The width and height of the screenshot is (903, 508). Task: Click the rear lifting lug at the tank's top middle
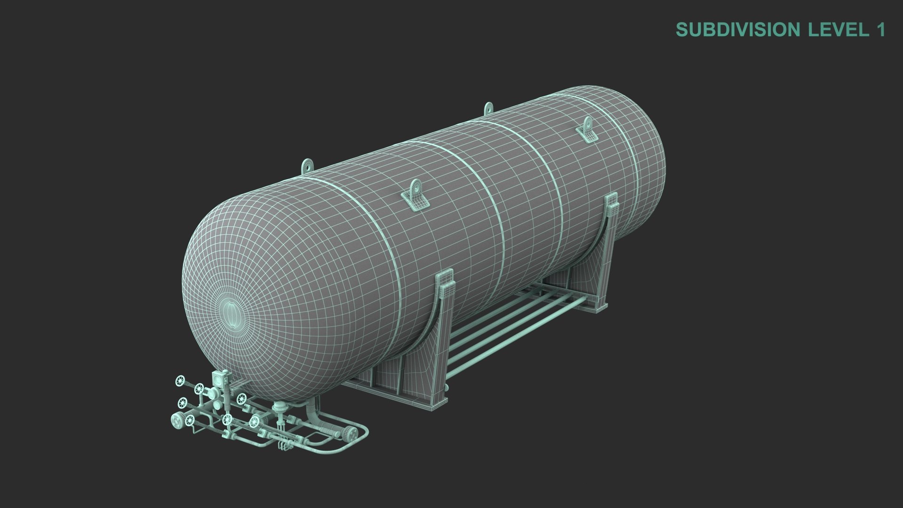click(489, 109)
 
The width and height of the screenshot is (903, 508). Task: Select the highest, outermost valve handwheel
click(180, 367)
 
